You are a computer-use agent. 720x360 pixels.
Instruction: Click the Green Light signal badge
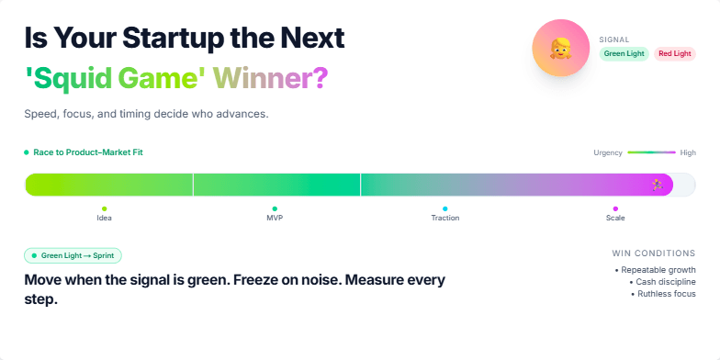[624, 54]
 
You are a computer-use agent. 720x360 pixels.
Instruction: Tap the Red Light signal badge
[675, 54]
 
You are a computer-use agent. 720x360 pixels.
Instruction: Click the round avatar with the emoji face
[560, 48]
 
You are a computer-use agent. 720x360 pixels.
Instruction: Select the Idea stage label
[104, 218]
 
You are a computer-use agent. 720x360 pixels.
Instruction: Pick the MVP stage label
[275, 218]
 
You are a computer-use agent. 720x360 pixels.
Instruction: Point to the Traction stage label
[445, 218]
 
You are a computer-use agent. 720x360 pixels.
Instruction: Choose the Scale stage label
[615, 218]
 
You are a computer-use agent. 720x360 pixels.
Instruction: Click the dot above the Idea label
[104, 208]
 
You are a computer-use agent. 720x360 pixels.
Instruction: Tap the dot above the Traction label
[445, 208]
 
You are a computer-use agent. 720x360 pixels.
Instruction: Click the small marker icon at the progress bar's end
[658, 185]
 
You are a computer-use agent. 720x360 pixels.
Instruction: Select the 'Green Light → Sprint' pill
[73, 255]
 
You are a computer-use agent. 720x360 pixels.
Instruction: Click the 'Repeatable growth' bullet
[658, 269]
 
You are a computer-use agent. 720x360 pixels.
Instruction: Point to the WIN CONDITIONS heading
[653, 253]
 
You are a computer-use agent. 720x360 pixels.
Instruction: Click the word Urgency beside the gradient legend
[608, 152]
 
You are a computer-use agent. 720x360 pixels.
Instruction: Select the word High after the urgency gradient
[688, 152]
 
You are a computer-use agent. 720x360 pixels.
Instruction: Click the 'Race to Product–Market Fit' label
[87, 152]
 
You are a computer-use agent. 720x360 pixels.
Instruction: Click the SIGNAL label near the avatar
[613, 39]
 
